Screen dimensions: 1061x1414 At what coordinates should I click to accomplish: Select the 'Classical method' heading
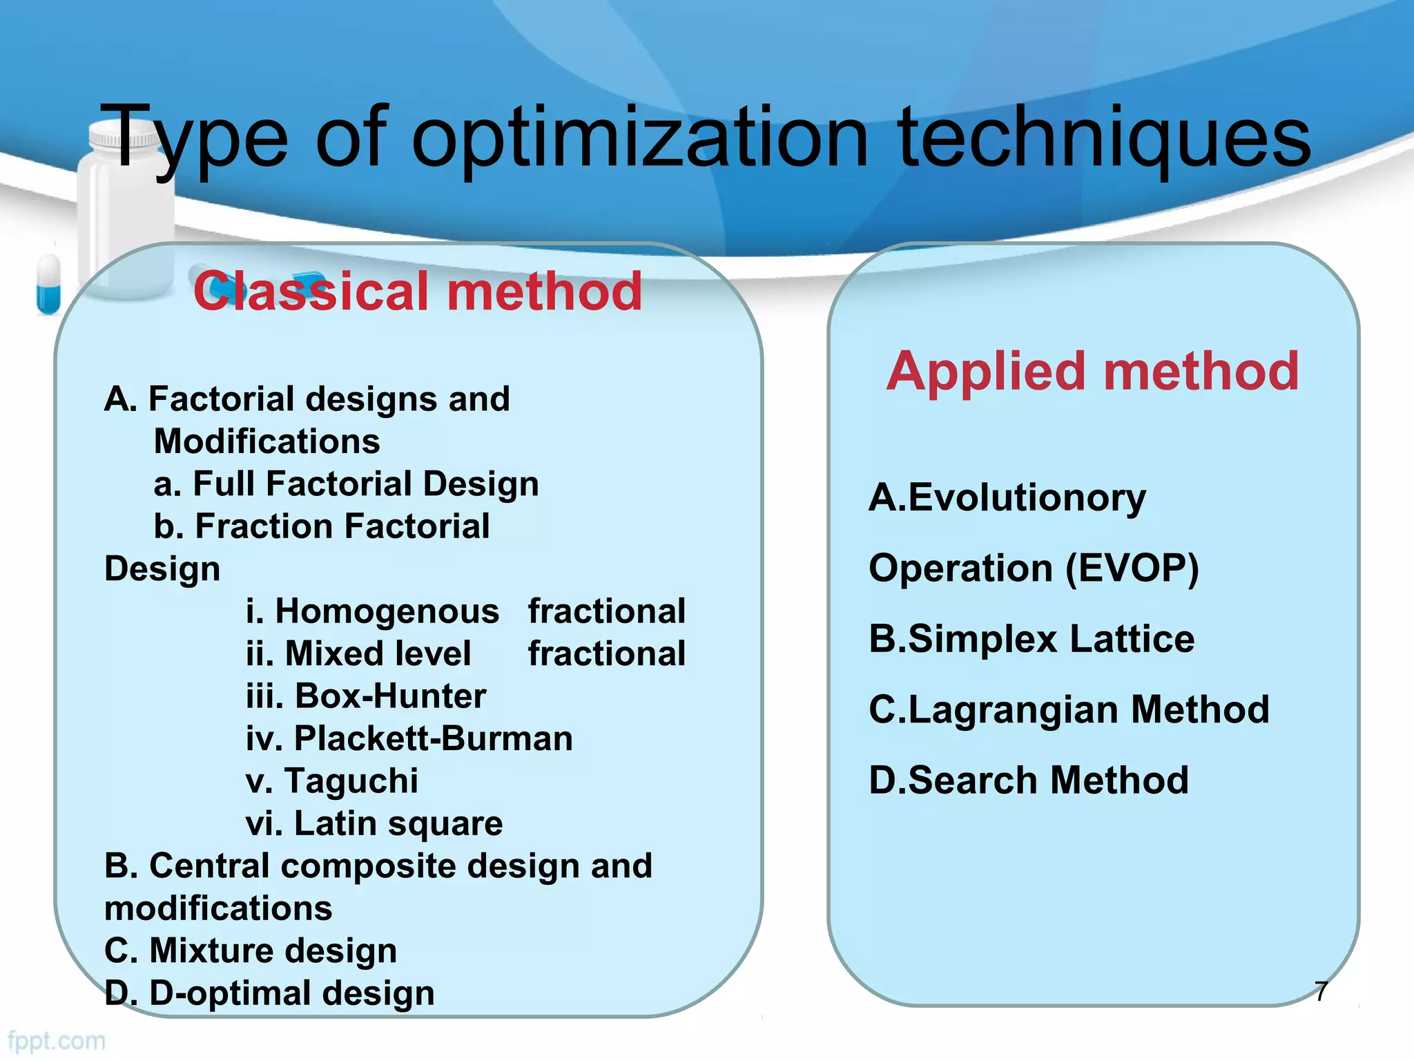418,291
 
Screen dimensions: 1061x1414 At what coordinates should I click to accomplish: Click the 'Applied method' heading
1092,372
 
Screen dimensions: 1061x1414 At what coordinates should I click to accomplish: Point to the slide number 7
1321,991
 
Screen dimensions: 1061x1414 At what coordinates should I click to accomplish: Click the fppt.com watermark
57,1040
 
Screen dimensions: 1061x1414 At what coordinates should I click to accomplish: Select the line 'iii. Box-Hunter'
366,696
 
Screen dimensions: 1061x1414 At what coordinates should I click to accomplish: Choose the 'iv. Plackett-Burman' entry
409,738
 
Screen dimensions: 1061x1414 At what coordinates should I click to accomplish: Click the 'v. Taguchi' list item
332,781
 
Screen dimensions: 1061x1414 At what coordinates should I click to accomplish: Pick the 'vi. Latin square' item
374,823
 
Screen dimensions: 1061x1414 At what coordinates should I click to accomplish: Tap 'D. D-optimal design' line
269,993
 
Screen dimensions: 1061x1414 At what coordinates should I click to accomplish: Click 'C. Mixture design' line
251,950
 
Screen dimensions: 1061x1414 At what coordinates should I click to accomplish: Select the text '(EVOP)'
1132,568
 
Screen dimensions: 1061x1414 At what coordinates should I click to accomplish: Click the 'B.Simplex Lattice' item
1032,639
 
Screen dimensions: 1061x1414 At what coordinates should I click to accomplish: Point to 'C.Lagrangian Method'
1069,710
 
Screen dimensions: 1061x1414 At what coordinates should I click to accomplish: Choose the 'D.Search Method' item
1029,781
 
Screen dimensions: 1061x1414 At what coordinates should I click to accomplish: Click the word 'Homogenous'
387,612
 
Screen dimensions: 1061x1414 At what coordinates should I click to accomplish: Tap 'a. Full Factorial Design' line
346,484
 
